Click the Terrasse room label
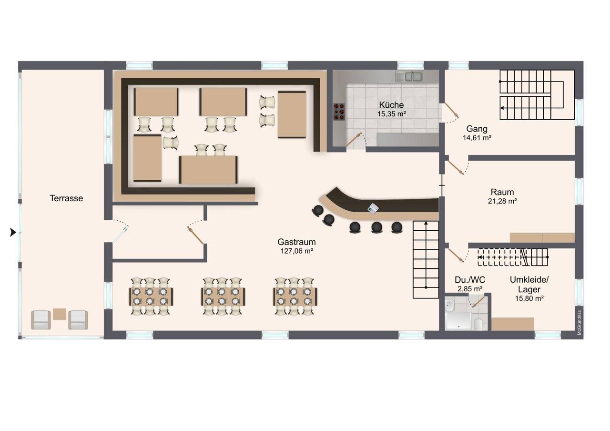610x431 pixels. coord(66,198)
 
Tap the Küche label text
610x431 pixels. coord(391,105)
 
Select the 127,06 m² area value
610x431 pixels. coord(296,251)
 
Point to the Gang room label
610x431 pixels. coord(477,129)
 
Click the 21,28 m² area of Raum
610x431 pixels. coord(502,201)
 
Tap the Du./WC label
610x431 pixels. coord(470,280)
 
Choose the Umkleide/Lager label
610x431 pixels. coord(529,285)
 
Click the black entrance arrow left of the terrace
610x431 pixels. coord(13,232)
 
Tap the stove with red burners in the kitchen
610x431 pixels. coord(339,112)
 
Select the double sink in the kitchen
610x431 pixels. coord(409,77)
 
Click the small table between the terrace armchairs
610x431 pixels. coord(60,314)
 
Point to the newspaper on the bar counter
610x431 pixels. coord(373,208)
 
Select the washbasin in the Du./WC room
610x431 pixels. coord(449,305)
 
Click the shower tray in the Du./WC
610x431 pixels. coord(458,321)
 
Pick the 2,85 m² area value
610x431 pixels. coord(470,289)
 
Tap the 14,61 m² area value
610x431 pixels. coord(477,138)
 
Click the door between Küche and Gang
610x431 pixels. coord(451,112)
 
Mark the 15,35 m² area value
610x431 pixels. coord(391,114)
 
